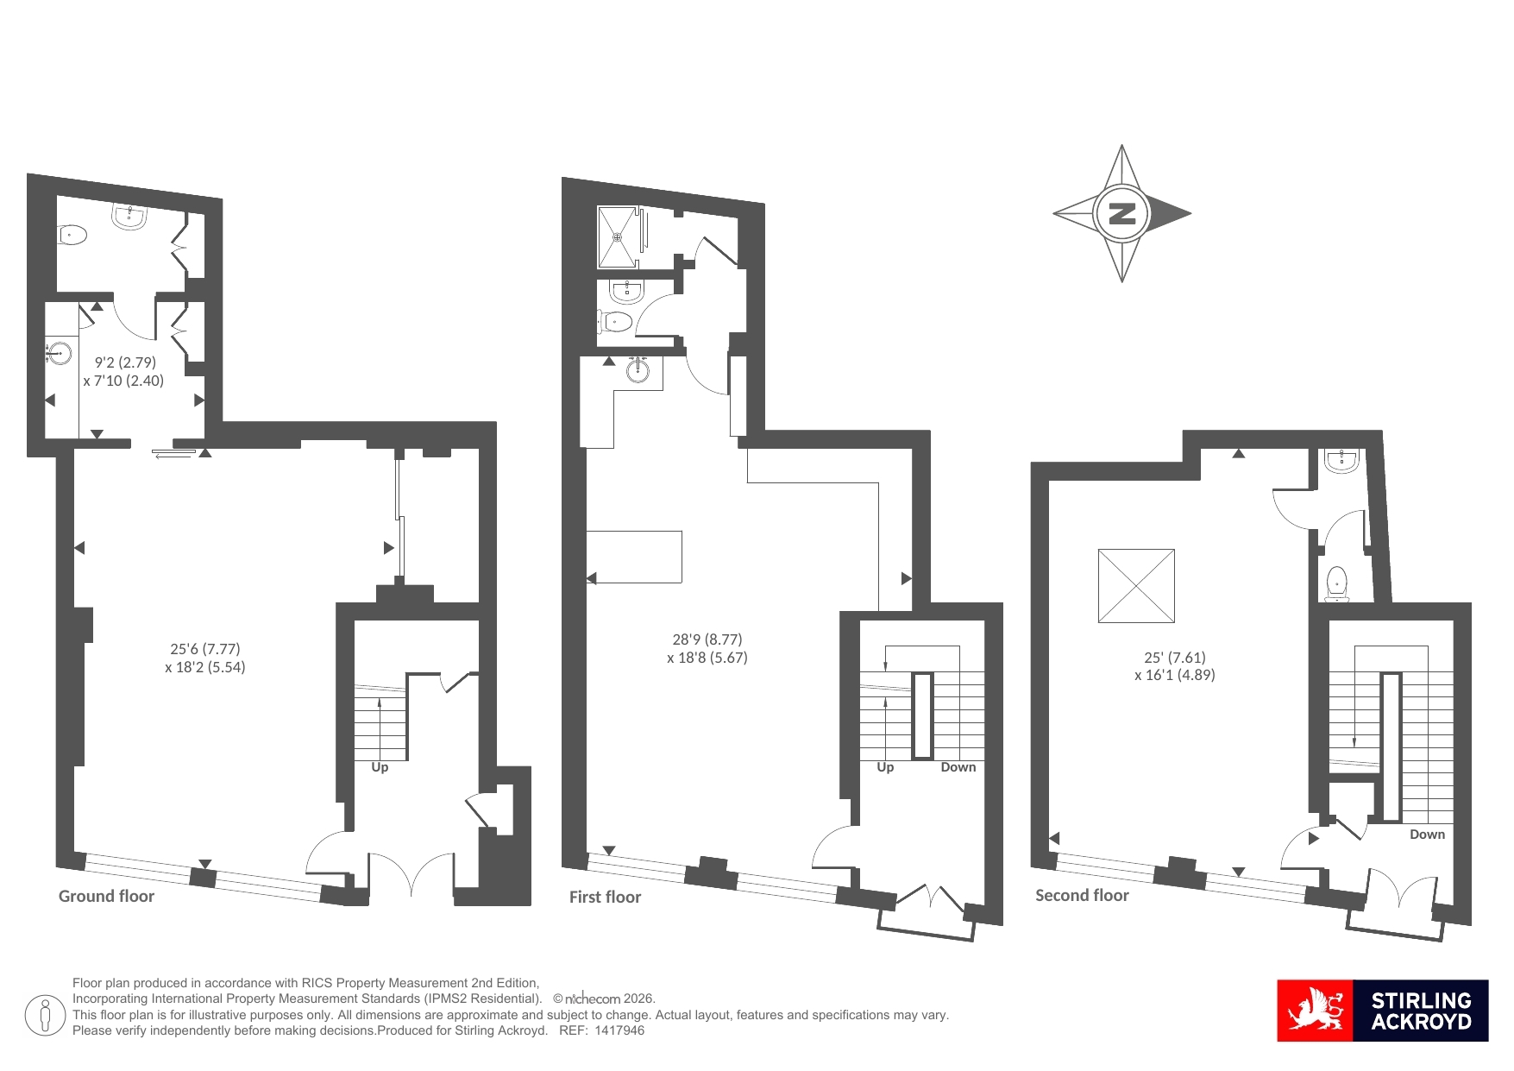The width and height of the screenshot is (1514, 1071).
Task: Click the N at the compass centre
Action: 1121,213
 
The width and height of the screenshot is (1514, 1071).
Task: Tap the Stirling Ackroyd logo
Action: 1382,1010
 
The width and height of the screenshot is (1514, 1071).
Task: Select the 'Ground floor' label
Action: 106,896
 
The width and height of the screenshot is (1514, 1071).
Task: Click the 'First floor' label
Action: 605,897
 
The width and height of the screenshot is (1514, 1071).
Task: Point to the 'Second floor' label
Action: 1082,895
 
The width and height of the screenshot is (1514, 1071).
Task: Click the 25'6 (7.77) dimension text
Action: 205,649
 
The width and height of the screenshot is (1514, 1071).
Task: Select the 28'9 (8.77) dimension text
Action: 707,639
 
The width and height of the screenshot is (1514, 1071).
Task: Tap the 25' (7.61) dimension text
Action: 1175,657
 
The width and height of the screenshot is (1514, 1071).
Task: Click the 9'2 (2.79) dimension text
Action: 125,362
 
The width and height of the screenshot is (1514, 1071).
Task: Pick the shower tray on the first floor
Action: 618,236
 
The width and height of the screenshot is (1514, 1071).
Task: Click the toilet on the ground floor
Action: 72,234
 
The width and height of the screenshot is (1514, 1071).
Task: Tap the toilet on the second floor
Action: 1337,584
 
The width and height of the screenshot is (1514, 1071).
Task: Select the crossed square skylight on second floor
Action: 1136,585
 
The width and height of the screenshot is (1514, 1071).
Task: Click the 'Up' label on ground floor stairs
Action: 380,767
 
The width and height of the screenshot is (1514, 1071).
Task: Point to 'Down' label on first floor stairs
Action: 958,767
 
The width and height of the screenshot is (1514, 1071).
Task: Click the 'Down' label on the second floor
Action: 1428,835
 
